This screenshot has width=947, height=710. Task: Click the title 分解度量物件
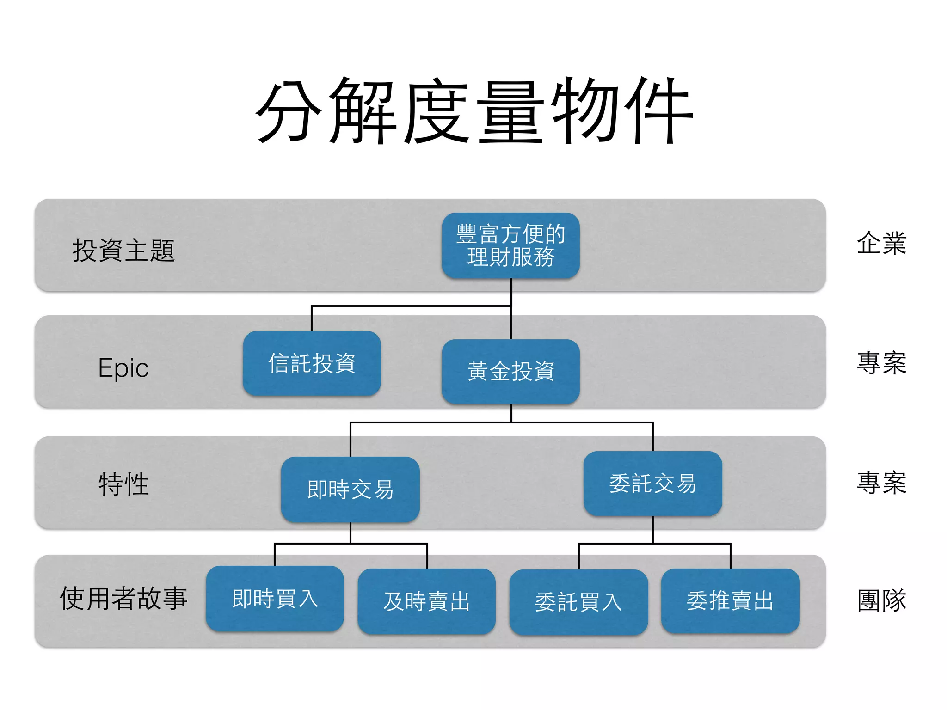(474, 111)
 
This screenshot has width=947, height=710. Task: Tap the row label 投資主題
(123, 251)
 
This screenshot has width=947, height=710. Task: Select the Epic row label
(123, 368)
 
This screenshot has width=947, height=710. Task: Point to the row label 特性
(123, 484)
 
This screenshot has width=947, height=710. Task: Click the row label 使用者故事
(123, 598)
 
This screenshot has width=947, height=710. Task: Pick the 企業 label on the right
(881, 243)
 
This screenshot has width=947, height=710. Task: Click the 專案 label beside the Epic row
(881, 363)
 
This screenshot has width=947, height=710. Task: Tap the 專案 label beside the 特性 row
(881, 483)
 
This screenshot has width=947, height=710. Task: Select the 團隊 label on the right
(881, 600)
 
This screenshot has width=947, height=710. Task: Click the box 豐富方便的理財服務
(510, 245)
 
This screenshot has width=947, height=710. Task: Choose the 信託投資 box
(312, 363)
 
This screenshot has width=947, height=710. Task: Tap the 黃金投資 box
(510, 371)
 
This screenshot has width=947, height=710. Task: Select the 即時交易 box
(350, 490)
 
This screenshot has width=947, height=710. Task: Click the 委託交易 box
(652, 484)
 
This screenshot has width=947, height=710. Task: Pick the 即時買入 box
(275, 599)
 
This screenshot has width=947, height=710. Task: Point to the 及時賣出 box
(426, 601)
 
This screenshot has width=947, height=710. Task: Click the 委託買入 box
(578, 602)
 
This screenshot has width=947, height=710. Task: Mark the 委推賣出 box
(730, 601)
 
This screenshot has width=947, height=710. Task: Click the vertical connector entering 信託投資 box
(312, 319)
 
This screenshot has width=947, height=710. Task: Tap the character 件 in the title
(659, 111)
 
